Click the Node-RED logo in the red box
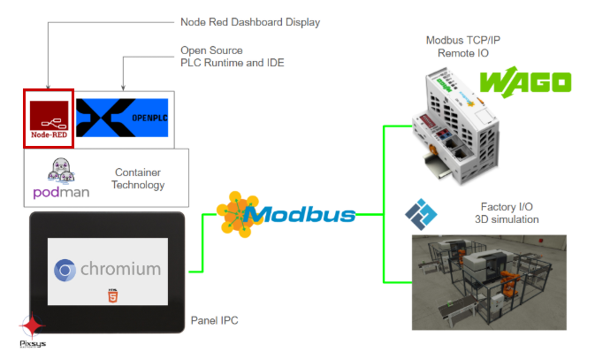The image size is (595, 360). pyautogui.click(x=49, y=119)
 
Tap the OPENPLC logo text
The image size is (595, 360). pyautogui.click(x=149, y=119)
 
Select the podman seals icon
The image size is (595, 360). pyautogui.click(x=61, y=170)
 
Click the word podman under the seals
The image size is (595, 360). pyautogui.click(x=61, y=193)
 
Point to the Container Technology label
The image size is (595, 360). pyautogui.click(x=138, y=179)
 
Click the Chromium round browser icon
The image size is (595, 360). pyautogui.click(x=65, y=270)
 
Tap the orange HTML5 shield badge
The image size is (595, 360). pyautogui.click(x=112, y=295)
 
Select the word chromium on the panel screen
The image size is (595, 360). pyautogui.click(x=120, y=269)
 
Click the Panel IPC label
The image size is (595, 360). pyautogui.click(x=215, y=320)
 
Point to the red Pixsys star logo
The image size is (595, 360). pyautogui.click(x=33, y=326)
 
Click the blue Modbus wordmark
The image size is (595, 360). pyautogui.click(x=300, y=215)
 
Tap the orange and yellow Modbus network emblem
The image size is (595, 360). pyautogui.click(x=238, y=214)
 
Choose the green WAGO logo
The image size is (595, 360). pyautogui.click(x=525, y=82)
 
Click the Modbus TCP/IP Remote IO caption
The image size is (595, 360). pyautogui.click(x=463, y=46)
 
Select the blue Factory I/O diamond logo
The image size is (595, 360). pyautogui.click(x=421, y=214)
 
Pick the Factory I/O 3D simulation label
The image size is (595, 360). pyautogui.click(x=507, y=213)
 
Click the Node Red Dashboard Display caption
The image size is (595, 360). pyautogui.click(x=250, y=22)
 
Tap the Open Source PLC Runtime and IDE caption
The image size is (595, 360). pyautogui.click(x=233, y=57)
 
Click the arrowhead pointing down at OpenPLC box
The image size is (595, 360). pyautogui.click(x=123, y=88)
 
